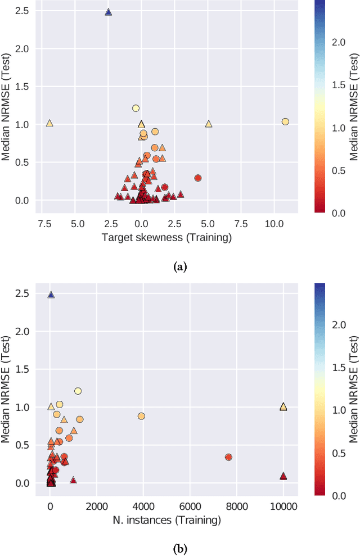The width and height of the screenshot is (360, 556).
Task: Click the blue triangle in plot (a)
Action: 109,12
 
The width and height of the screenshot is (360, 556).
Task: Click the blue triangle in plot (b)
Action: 51,295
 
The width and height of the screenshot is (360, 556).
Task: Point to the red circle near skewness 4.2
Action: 198,178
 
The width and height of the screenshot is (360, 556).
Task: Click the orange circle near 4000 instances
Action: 141,416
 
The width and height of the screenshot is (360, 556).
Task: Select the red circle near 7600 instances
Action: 228,457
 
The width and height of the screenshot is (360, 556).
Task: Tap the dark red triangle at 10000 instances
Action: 283,476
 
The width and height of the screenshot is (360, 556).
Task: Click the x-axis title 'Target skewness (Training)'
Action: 166,237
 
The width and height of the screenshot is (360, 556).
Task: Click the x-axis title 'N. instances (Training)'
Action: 166,520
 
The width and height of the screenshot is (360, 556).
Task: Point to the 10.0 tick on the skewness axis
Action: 274,223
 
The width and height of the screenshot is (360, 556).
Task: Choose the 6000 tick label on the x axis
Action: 190,506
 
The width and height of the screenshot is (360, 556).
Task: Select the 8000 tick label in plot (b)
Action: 236,506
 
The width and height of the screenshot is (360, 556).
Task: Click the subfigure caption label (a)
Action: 180,267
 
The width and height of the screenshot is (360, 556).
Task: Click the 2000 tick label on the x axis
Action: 96,506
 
